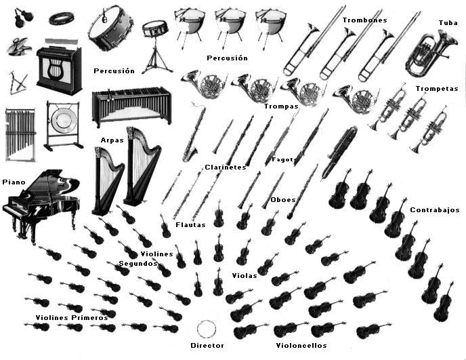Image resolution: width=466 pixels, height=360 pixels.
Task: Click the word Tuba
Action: [x=448, y=22]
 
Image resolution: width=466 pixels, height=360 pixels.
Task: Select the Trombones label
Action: [x=364, y=20]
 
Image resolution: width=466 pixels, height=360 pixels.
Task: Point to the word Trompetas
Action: [x=437, y=89]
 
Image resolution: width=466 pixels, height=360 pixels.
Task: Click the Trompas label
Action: [x=277, y=106]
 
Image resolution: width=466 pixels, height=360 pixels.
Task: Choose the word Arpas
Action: [x=112, y=140]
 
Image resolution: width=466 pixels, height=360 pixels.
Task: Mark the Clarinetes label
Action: [x=225, y=167]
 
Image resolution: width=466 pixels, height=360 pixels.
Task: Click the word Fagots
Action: [x=284, y=160]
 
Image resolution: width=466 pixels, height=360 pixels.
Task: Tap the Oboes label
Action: [x=282, y=200]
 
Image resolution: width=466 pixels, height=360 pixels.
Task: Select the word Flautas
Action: [x=190, y=224]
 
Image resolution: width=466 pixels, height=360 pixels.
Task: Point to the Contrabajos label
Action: [x=435, y=210]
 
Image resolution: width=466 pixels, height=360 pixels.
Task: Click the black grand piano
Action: [x=41, y=200]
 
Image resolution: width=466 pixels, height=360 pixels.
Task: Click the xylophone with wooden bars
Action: [x=131, y=107]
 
